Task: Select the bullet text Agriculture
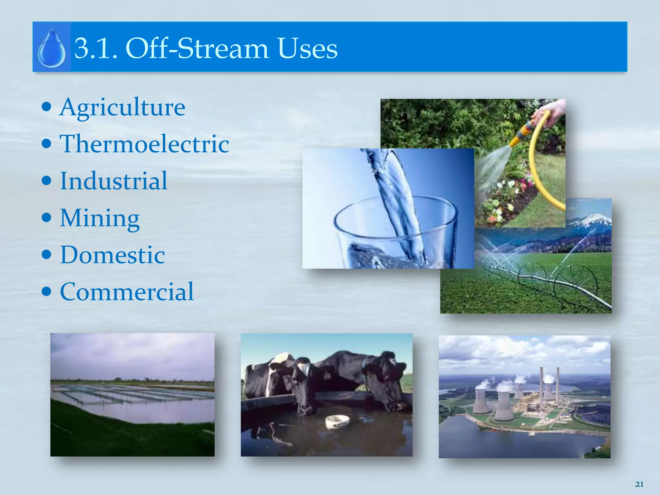pyautogui.click(x=122, y=107)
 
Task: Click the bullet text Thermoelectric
pyautogui.click(x=144, y=144)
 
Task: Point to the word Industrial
pyautogui.click(x=114, y=181)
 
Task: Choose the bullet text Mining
pyautogui.click(x=100, y=218)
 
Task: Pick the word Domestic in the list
pyautogui.click(x=112, y=255)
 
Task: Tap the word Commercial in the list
pyautogui.click(x=127, y=292)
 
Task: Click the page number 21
pyautogui.click(x=639, y=484)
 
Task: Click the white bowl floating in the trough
pyautogui.click(x=337, y=421)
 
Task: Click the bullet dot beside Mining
pyautogui.click(x=47, y=218)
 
